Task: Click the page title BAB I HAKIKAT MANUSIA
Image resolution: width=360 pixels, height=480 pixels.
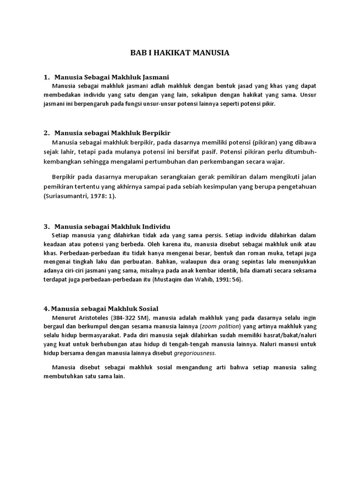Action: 180,52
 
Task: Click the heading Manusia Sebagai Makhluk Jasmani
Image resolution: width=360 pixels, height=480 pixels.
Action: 111,76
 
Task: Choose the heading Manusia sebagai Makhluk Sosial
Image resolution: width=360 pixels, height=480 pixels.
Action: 101,308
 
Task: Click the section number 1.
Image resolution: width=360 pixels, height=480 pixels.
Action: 45,76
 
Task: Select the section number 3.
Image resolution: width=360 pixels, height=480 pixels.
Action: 45,225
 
